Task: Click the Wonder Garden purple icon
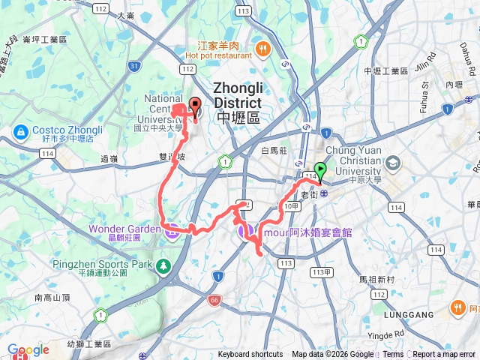point(170,229)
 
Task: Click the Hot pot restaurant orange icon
point(263,50)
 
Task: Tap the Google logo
point(28,350)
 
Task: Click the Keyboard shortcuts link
point(250,355)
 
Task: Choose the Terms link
point(393,355)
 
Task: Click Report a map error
point(444,355)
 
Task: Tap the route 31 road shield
point(133,67)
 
